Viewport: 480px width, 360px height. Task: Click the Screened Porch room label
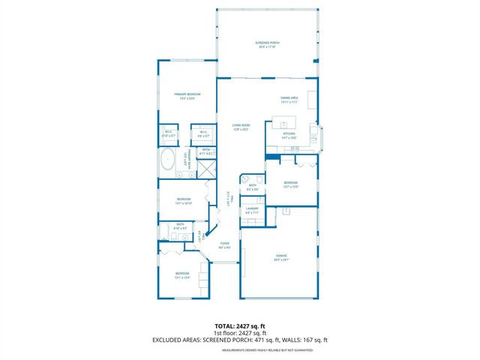coord(266,45)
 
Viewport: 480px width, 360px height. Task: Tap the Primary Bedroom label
coord(186,95)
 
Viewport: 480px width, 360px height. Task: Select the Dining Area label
coord(289,97)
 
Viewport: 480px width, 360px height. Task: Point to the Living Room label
coord(241,127)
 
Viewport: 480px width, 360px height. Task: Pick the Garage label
coord(281,257)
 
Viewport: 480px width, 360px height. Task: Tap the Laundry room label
coord(252,211)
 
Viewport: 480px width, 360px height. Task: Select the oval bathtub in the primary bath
coord(169,160)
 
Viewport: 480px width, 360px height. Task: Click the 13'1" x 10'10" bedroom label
coord(184,201)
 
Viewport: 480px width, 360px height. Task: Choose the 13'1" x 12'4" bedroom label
coord(182,274)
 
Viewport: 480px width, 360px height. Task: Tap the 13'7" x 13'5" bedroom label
coord(291,184)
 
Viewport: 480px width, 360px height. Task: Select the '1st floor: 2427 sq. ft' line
coord(240,334)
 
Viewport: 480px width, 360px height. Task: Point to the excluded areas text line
coord(240,340)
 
